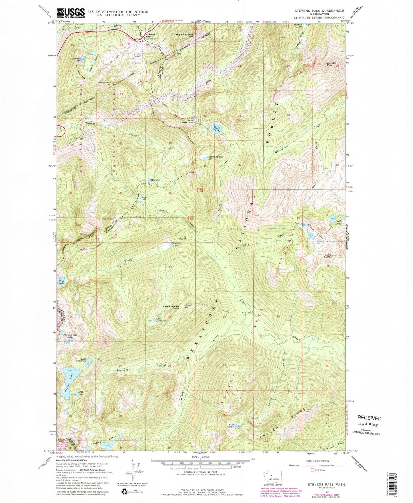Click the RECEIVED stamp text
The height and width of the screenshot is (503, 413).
coord(369,418)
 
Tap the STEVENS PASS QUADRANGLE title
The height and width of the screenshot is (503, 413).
coord(319,10)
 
